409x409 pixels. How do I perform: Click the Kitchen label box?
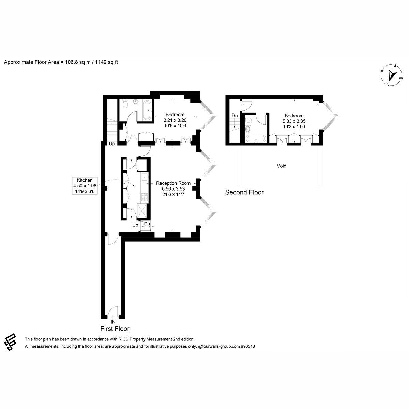pyautogui.click(x=85, y=186)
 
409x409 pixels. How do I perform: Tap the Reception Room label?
pyautogui.click(x=173, y=183)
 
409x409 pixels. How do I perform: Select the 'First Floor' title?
pyautogui.click(x=115, y=329)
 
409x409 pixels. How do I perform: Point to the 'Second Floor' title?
pyautogui.click(x=244, y=192)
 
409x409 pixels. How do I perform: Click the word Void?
pyautogui.click(x=282, y=166)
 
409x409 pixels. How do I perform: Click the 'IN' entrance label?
pyautogui.click(x=113, y=322)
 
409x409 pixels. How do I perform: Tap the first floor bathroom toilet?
pyautogui.click(x=125, y=104)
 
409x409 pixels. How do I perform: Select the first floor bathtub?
pyautogui.click(x=147, y=110)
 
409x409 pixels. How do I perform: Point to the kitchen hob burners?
pyautogui.click(x=145, y=197)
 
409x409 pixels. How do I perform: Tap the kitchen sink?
pyautogui.click(x=145, y=177)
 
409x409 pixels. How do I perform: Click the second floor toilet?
pyautogui.click(x=248, y=120)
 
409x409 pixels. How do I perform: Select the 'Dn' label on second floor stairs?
pyautogui.click(x=234, y=116)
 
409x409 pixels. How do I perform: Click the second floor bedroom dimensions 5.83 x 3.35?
pyautogui.click(x=294, y=121)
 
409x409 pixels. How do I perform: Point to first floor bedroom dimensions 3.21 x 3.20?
pyautogui.click(x=175, y=120)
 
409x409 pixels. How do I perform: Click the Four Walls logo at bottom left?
pyautogui.click(x=10, y=342)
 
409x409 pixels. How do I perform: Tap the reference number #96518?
pyautogui.click(x=248, y=346)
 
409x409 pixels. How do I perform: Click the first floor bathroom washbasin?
pyautogui.click(x=135, y=102)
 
